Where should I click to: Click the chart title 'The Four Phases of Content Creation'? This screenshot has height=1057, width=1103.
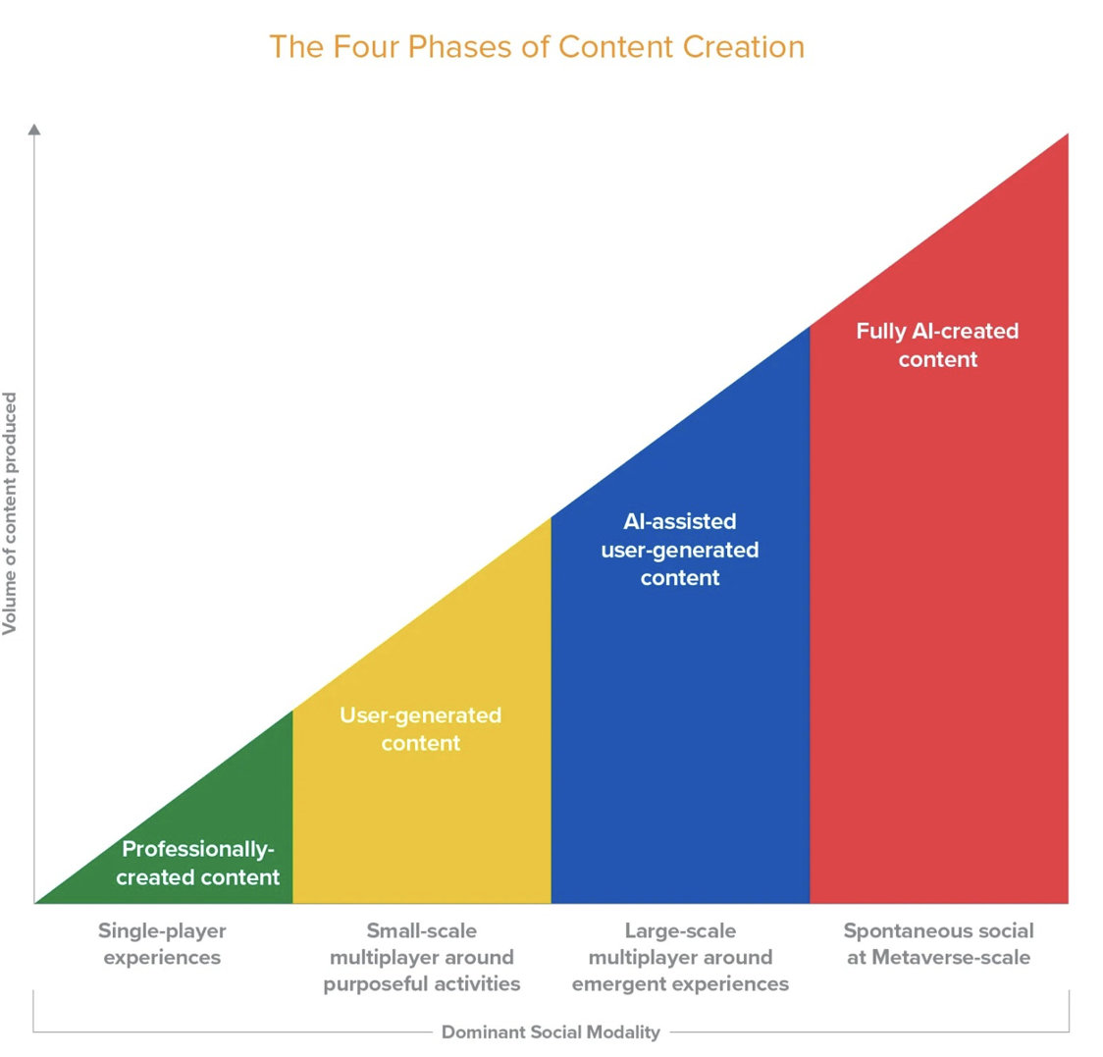[537, 46]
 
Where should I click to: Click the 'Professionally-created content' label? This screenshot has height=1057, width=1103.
[198, 864]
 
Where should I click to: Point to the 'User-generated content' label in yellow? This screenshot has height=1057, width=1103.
[421, 729]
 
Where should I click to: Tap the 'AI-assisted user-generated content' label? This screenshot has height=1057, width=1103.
[680, 550]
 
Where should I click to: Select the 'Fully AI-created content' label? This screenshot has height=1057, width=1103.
[938, 344]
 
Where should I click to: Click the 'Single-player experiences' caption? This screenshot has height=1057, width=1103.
[162, 943]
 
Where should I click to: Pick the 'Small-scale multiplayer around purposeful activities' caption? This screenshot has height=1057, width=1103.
[422, 957]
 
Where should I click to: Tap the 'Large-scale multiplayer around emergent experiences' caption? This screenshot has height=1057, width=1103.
[680, 957]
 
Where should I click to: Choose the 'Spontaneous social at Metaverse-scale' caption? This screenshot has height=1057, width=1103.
[939, 943]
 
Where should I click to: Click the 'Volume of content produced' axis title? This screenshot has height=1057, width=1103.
[11, 513]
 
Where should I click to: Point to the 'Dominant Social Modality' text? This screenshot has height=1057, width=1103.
[551, 1031]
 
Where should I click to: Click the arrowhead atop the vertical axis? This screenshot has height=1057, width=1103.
[34, 129]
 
